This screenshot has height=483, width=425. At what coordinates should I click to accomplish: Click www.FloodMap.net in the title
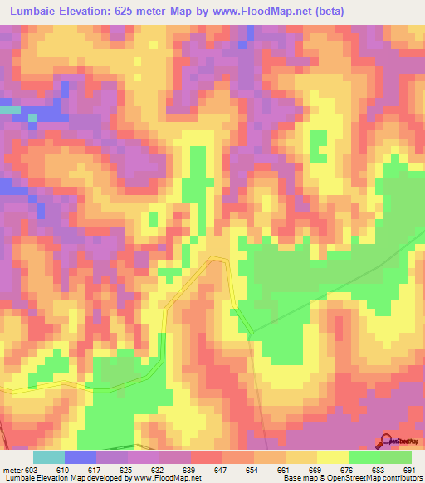pos(257,12)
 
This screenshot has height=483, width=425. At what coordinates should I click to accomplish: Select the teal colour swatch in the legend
pos(49,457)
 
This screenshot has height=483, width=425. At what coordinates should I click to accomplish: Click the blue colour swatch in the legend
pos(81,457)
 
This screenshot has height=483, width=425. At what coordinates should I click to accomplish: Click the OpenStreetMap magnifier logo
pos(387,440)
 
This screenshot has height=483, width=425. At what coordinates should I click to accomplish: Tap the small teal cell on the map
pos(10,110)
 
